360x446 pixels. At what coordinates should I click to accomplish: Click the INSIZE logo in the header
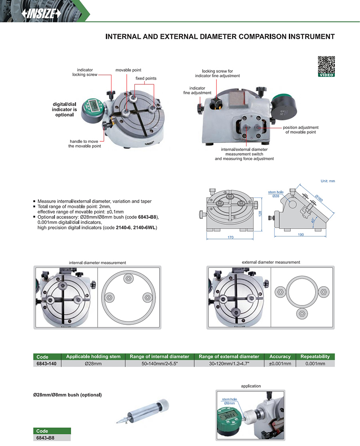41,13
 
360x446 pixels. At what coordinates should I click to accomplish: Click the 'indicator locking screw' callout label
84,72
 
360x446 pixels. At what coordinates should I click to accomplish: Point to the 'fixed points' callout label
146,78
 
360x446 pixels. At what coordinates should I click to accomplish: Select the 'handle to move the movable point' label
84,144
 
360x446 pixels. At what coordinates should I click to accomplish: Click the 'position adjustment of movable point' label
300,130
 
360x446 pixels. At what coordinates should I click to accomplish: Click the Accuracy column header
280,356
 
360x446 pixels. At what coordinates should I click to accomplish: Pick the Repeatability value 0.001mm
315,364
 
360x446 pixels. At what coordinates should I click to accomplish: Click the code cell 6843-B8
45,438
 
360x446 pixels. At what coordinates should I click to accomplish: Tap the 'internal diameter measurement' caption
97,263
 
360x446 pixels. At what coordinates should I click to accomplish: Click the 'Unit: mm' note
328,181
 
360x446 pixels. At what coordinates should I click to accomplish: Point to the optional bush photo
142,412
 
